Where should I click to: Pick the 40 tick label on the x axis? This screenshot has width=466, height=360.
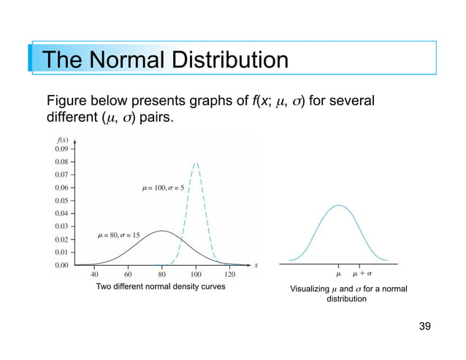[x=95, y=275]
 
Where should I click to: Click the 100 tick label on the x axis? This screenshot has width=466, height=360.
[x=196, y=275]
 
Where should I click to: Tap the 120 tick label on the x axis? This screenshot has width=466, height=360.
[x=229, y=275]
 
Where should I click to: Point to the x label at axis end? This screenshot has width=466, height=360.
[x=256, y=265]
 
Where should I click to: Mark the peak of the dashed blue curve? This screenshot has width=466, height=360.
[x=196, y=163]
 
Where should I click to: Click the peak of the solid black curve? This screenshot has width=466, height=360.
[x=162, y=231]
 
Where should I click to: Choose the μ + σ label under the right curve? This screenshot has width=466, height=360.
[x=362, y=275]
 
